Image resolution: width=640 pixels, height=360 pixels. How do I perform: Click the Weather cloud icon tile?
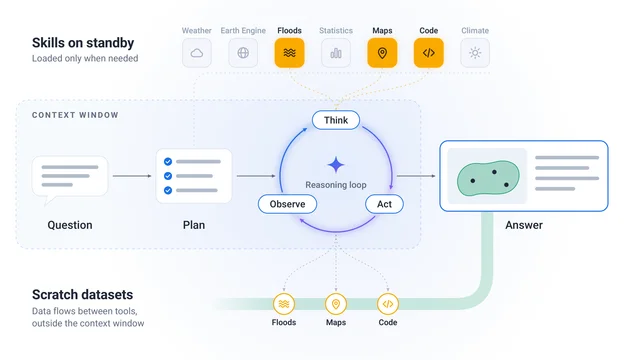[x=197, y=53]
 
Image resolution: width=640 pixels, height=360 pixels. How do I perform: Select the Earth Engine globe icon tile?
[x=243, y=53]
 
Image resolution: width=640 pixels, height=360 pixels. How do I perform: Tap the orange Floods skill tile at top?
[x=289, y=53]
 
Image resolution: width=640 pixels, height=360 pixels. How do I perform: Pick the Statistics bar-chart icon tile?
[x=336, y=53]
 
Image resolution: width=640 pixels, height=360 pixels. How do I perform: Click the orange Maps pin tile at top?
[x=382, y=53]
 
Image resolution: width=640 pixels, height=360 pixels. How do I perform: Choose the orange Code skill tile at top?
[x=429, y=53]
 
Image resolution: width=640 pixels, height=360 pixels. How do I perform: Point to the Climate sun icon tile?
[x=475, y=53]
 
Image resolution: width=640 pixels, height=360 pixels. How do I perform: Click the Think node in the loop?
[x=336, y=120]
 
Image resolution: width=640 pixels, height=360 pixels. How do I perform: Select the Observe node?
[x=287, y=204]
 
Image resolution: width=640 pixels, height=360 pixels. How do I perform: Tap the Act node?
[x=384, y=204]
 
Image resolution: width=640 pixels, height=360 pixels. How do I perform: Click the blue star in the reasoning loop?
[x=336, y=165]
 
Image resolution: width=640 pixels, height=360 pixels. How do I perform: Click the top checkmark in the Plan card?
[x=168, y=162]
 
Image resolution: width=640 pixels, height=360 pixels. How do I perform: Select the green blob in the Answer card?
[x=488, y=178]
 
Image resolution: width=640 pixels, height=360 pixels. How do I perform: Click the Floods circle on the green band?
[x=284, y=304]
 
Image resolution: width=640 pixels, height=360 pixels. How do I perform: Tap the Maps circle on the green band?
[x=336, y=304]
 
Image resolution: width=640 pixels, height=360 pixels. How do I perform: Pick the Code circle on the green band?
[x=388, y=304]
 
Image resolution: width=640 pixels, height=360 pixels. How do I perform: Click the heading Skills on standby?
[x=83, y=43]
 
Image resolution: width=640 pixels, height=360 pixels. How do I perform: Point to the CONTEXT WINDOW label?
[x=75, y=115]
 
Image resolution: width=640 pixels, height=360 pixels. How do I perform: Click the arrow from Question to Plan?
[x=132, y=176]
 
